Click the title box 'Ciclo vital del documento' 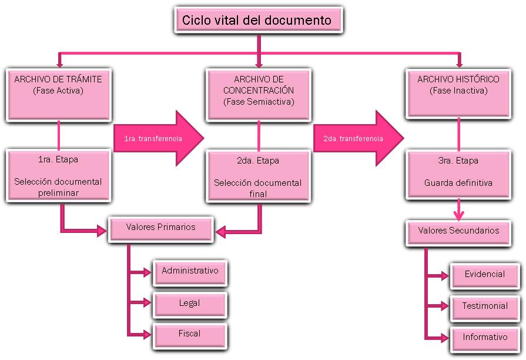click(x=257, y=21)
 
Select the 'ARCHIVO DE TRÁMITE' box click(x=58, y=94)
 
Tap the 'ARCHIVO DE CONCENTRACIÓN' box click(x=259, y=94)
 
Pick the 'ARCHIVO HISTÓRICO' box click(x=458, y=94)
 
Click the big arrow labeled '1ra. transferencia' click(x=158, y=139)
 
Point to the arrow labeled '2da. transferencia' click(x=357, y=139)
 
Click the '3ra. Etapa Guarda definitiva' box click(x=458, y=175)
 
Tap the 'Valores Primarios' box click(x=160, y=228)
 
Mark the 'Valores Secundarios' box click(x=458, y=232)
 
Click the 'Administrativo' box click(x=190, y=272)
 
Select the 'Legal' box click(x=190, y=304)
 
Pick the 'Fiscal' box click(x=190, y=335)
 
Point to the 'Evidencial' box click(x=484, y=275)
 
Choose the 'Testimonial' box click(x=484, y=307)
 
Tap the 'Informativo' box click(x=484, y=338)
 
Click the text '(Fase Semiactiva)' click(x=259, y=102)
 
